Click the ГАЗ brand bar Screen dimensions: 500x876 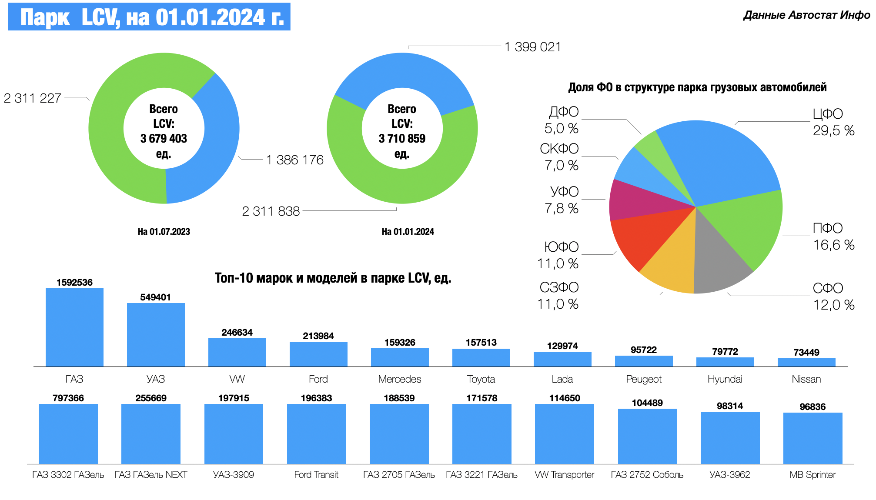[74, 327]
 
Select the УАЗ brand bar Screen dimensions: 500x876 [156, 334]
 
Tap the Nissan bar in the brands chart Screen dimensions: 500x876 [806, 362]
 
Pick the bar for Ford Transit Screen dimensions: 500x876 [316, 433]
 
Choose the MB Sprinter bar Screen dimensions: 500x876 [812, 438]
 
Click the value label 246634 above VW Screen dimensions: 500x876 [237, 333]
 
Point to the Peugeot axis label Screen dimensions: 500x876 [643, 379]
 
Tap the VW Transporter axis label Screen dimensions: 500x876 [564, 475]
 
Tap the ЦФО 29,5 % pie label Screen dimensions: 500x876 [833, 122]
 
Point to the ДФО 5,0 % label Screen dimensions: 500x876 [562, 120]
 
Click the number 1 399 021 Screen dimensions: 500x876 [532, 47]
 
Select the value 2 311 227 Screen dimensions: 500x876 [33, 98]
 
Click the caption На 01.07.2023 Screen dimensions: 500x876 [164, 232]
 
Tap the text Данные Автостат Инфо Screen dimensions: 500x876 [806, 15]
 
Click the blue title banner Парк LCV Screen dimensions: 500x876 [149, 17]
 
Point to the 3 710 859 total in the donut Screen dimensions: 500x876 [402, 139]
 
